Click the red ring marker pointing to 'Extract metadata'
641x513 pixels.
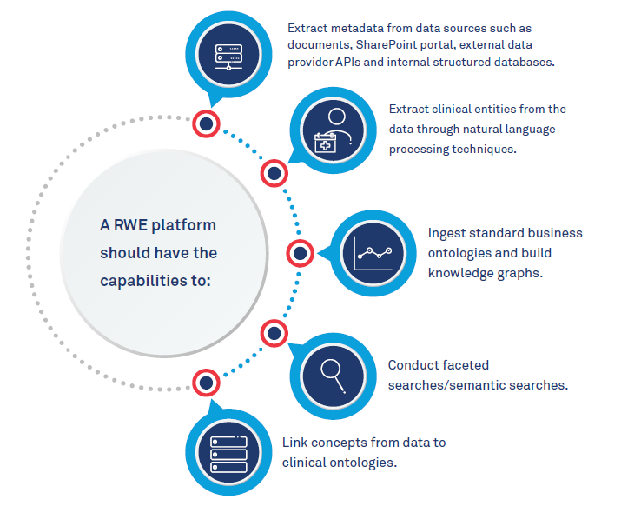(206, 124)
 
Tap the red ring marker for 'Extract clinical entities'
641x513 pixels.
(274, 174)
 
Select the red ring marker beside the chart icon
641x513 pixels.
(300, 254)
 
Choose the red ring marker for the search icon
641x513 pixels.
(274, 332)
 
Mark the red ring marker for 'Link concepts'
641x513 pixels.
(206, 382)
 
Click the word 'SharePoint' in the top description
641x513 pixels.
(378, 45)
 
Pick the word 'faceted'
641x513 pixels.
(465, 365)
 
